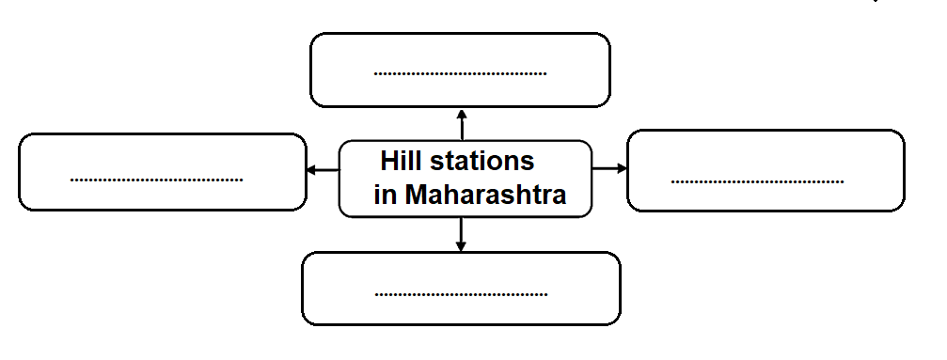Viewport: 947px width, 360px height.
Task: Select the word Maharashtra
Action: coord(485,195)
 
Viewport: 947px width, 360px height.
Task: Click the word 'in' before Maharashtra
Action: coord(385,195)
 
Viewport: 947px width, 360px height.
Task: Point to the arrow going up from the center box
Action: coord(462,125)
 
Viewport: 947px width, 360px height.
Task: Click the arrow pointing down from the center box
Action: coord(461,234)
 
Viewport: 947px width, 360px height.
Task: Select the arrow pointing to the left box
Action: coord(324,170)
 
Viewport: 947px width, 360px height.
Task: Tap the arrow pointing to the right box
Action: coord(609,168)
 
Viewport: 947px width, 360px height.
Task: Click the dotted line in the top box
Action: coord(460,74)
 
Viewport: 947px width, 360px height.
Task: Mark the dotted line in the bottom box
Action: coord(462,295)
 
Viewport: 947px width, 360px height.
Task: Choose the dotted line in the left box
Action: coord(156,180)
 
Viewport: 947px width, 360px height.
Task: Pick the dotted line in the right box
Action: coord(757,181)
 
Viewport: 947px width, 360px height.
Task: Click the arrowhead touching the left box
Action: coord(311,170)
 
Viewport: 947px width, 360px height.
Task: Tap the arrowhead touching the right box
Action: coord(622,168)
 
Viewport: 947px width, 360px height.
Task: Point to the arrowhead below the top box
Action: coord(462,114)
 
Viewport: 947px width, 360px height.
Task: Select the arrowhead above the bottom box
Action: coord(461,246)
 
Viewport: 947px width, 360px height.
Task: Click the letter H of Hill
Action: coord(389,161)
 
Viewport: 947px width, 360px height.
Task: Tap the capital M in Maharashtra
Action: coord(415,195)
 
